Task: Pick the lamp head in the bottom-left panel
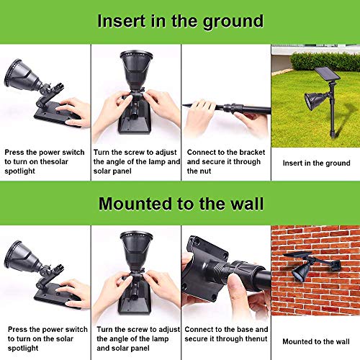click(22, 253)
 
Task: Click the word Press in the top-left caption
click(16, 153)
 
